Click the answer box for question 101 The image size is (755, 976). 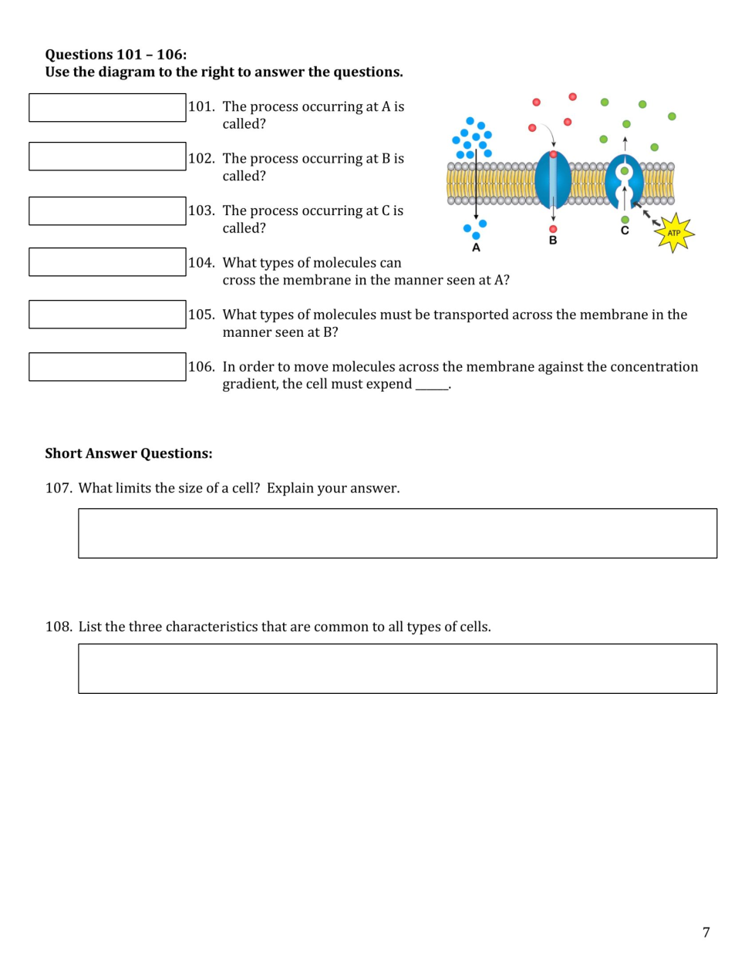[x=107, y=108]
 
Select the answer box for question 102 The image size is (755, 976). [x=107, y=156]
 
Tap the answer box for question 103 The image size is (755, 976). [x=107, y=211]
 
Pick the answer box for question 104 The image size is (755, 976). [x=107, y=262]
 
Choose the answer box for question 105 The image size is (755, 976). [x=107, y=315]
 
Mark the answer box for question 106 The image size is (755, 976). [x=107, y=367]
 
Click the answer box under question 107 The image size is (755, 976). [x=397, y=533]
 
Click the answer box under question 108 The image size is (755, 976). [x=397, y=669]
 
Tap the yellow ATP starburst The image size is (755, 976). [x=674, y=233]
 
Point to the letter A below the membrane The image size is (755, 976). [x=476, y=247]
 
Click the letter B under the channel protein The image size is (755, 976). [x=553, y=241]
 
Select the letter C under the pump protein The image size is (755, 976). [x=625, y=231]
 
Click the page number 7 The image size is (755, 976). [x=706, y=933]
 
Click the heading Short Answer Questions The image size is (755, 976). [x=129, y=453]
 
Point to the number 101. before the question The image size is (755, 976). [x=201, y=106]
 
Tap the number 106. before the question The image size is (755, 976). [x=201, y=367]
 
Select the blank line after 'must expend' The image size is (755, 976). [x=432, y=385]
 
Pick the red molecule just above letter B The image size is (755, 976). [x=553, y=229]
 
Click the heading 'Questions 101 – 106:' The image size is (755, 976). [x=116, y=55]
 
